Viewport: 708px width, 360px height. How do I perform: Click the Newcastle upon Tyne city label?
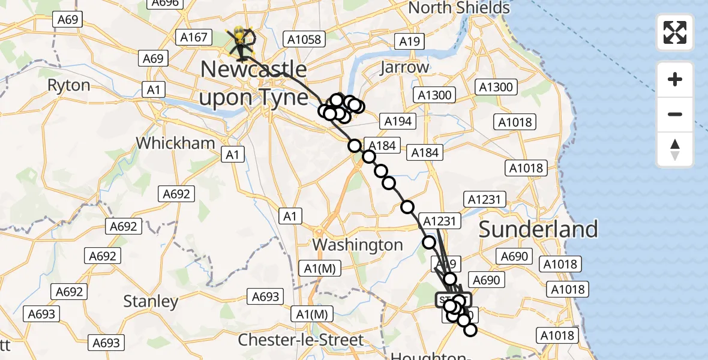coord(253,83)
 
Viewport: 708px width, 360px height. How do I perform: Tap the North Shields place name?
coord(459,8)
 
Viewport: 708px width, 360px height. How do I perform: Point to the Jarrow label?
coord(405,67)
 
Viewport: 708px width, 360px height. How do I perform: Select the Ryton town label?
coord(68,85)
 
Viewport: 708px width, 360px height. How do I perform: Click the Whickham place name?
coord(175,143)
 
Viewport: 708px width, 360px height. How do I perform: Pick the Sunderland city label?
coord(538,229)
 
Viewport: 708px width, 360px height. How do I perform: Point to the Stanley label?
coord(151,301)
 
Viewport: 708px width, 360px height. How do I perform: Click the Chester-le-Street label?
coord(301,340)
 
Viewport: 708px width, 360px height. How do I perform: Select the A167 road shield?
coord(194,38)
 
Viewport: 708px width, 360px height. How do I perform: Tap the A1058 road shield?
coord(304,40)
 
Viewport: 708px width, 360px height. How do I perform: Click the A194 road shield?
coord(397,121)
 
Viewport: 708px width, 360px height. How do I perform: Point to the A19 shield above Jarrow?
coord(409,41)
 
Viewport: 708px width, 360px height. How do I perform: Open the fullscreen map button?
coord(675,32)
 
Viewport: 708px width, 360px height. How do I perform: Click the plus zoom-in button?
coord(675,79)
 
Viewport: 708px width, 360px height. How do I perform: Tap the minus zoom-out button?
coord(675,114)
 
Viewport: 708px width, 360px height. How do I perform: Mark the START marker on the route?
coord(453,299)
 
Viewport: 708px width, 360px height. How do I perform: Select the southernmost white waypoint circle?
coord(470,330)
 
